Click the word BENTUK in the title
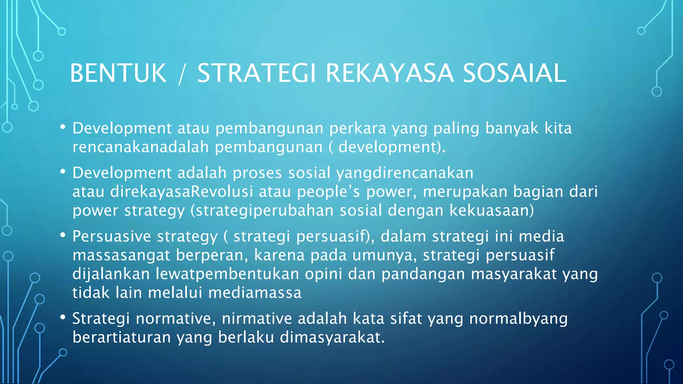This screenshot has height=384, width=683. coord(118,73)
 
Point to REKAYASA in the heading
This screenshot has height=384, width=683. coord(390,73)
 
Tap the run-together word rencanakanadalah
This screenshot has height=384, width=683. coord(141,147)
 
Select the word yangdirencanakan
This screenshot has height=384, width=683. coord(405,173)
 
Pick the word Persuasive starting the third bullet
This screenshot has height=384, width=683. coord(112,237)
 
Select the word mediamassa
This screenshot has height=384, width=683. coord(255,293)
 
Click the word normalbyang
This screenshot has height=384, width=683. coord(518,319)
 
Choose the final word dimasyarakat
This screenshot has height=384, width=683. coord(332,337)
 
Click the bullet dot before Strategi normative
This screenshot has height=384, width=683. coord(63,318)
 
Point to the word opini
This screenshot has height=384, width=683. coord(323,274)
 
